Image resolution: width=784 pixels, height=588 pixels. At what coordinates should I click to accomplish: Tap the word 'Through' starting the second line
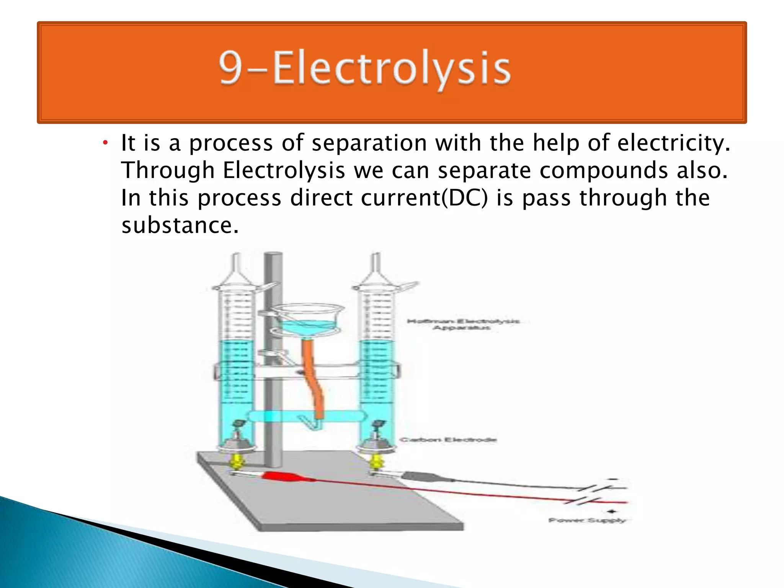[x=168, y=170]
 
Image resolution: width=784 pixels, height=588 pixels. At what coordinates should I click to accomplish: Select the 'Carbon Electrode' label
[x=448, y=440]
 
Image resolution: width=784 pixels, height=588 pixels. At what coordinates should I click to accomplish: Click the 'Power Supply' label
[x=587, y=520]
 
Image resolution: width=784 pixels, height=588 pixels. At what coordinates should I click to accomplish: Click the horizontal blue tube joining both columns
[x=306, y=416]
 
